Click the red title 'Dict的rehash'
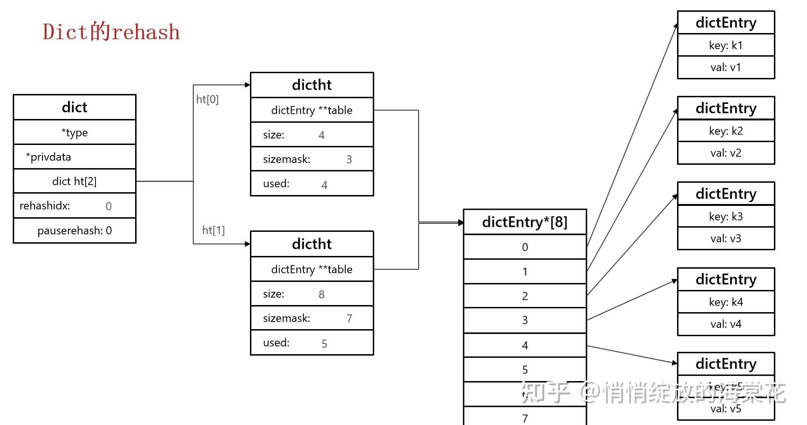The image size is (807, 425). (111, 32)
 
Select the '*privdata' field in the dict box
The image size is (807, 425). (49, 157)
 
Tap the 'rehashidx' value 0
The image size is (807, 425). (108, 206)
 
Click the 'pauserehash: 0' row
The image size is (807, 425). (75, 230)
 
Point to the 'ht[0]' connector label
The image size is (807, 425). (207, 99)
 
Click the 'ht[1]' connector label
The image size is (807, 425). (214, 230)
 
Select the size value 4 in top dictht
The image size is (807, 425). (321, 136)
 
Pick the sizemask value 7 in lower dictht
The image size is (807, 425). (349, 319)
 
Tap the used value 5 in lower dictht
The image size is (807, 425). (324, 344)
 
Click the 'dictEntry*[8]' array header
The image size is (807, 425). (524, 222)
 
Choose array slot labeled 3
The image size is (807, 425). (525, 320)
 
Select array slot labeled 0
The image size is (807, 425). (525, 247)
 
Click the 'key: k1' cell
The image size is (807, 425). (726, 45)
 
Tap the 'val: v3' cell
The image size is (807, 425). (726, 238)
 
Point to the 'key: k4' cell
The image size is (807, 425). (726, 302)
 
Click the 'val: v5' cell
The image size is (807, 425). (726, 409)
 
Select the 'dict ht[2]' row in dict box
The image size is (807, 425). (75, 181)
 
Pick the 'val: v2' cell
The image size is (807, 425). (726, 153)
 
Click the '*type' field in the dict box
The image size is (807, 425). (75, 133)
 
